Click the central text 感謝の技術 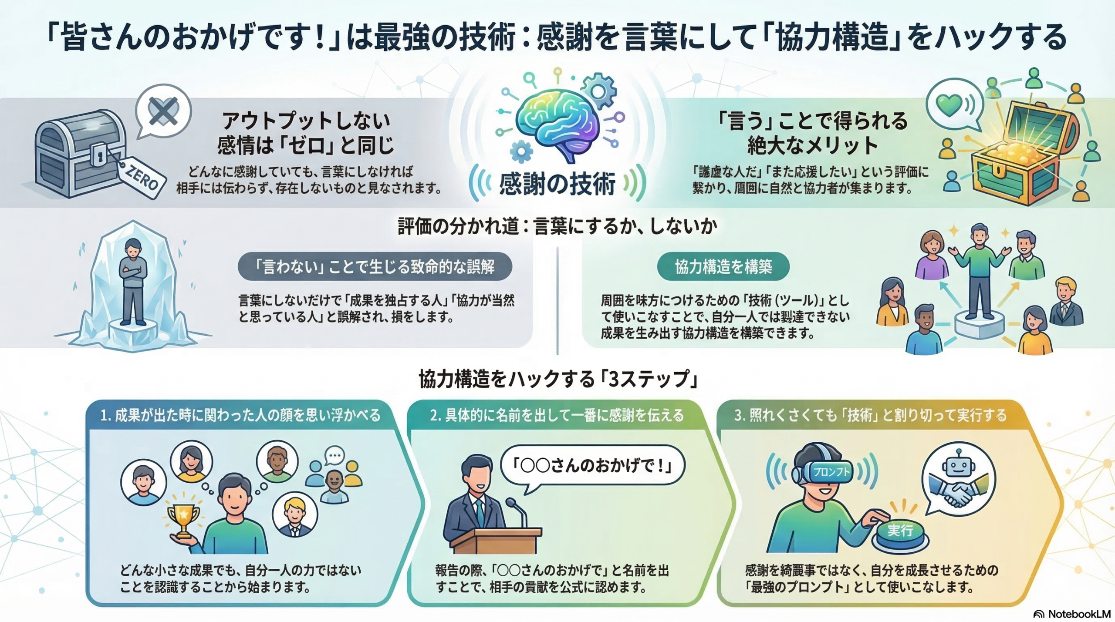[557, 183]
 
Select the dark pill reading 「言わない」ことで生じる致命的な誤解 [375, 266]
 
